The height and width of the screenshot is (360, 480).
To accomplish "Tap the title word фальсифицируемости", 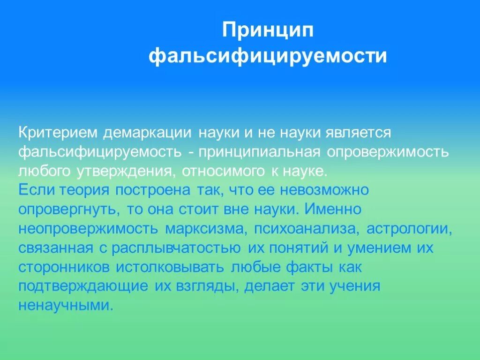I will pos(268,56).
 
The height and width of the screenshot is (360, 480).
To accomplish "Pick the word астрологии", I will pos(409,228).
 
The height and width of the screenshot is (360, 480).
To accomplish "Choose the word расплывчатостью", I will pos(177,247).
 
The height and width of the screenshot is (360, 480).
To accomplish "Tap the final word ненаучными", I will pos(66,305).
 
